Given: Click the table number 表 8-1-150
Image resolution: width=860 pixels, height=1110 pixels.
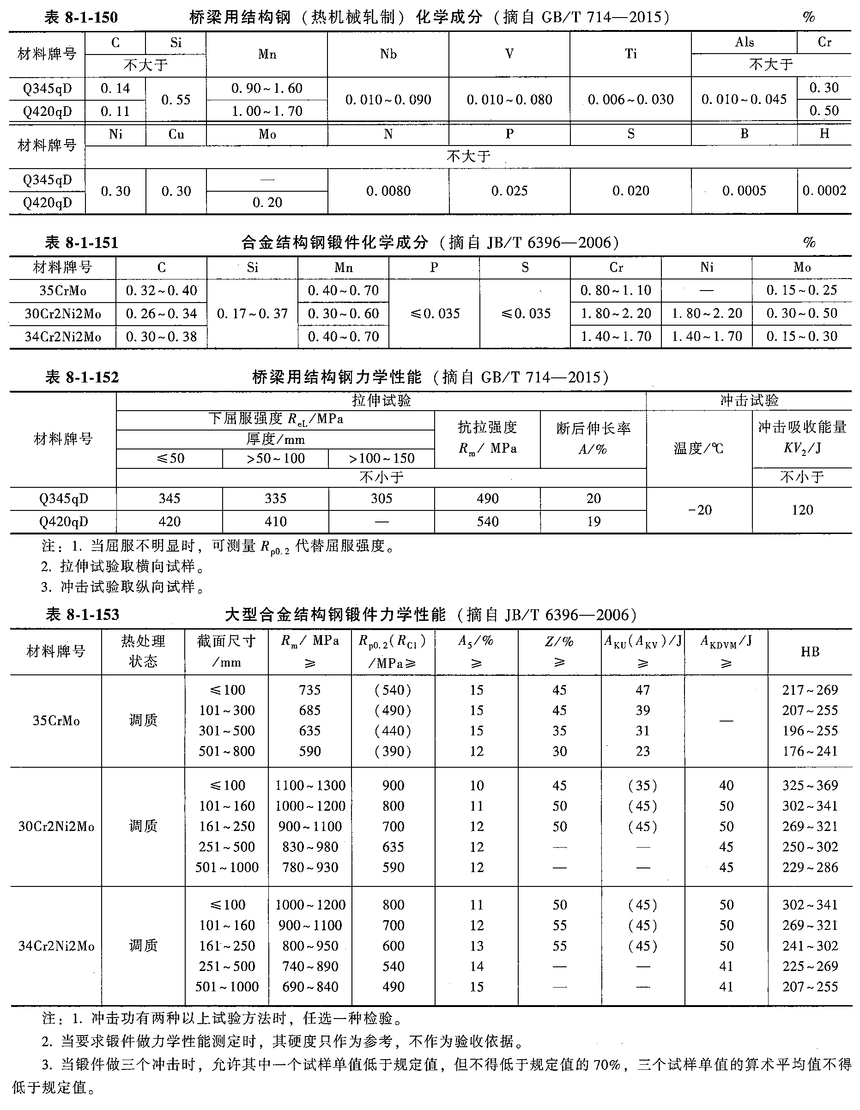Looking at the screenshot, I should (x=81, y=18).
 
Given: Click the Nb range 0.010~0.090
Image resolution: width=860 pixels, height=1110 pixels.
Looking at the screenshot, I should (x=388, y=100).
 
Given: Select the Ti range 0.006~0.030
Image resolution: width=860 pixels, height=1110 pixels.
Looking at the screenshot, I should (x=630, y=100).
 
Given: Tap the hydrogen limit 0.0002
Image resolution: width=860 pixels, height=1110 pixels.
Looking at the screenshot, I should (x=824, y=191).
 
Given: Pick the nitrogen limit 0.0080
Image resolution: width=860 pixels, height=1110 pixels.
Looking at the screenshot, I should (x=388, y=191).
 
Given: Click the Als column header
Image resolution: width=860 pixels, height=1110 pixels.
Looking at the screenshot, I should (x=744, y=42).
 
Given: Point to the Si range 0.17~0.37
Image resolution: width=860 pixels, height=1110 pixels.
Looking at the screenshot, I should (x=252, y=314).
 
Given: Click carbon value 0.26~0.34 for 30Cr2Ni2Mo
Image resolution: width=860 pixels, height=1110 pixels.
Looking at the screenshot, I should (x=161, y=314).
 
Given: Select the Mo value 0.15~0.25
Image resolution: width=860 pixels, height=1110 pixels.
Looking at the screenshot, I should (x=801, y=290).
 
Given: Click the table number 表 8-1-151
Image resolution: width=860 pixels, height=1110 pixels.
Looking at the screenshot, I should (x=81, y=243).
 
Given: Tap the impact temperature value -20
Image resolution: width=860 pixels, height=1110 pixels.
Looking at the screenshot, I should (x=699, y=510).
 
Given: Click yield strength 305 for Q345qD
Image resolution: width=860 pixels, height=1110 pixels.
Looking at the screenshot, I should (x=381, y=498).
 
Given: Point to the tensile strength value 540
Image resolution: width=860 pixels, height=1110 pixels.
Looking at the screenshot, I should (x=487, y=522).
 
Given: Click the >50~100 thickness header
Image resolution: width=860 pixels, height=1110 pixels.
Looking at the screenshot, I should (x=275, y=458).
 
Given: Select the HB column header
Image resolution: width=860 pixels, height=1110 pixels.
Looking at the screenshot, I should (x=810, y=652).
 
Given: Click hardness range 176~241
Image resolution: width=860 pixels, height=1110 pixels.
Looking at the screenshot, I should (x=810, y=751).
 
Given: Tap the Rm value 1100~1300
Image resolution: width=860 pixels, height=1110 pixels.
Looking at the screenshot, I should (x=310, y=785).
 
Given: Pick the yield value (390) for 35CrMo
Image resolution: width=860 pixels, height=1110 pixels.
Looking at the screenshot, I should (x=393, y=751).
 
